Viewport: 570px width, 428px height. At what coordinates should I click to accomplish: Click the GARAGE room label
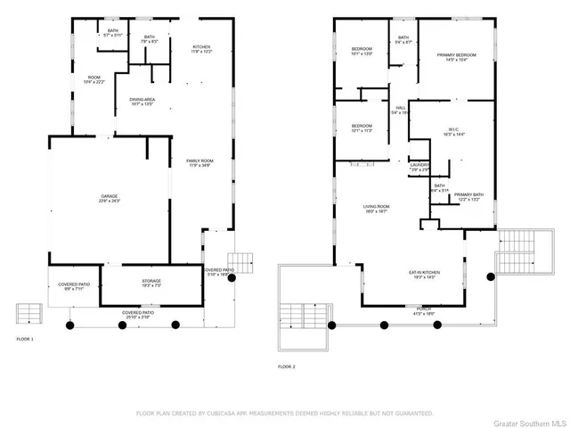point(110,198)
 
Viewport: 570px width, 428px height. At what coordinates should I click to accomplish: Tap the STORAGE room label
point(151,283)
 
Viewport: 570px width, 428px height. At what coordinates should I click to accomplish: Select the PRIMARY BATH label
point(468,196)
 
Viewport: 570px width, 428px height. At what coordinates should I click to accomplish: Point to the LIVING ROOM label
point(377,209)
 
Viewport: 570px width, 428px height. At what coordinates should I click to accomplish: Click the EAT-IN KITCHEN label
point(423,275)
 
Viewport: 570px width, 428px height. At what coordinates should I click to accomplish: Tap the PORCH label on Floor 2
point(422,309)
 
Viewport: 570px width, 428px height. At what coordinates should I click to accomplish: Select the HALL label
point(400,110)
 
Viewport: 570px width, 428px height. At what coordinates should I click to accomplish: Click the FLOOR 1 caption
point(25,340)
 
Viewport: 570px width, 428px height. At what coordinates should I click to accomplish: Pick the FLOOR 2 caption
point(286,366)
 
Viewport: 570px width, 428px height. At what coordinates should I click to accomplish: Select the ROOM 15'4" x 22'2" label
point(94,80)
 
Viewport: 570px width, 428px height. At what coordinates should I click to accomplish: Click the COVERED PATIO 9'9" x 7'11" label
point(75,286)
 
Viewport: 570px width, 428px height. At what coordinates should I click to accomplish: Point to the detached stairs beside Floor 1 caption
point(29,313)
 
